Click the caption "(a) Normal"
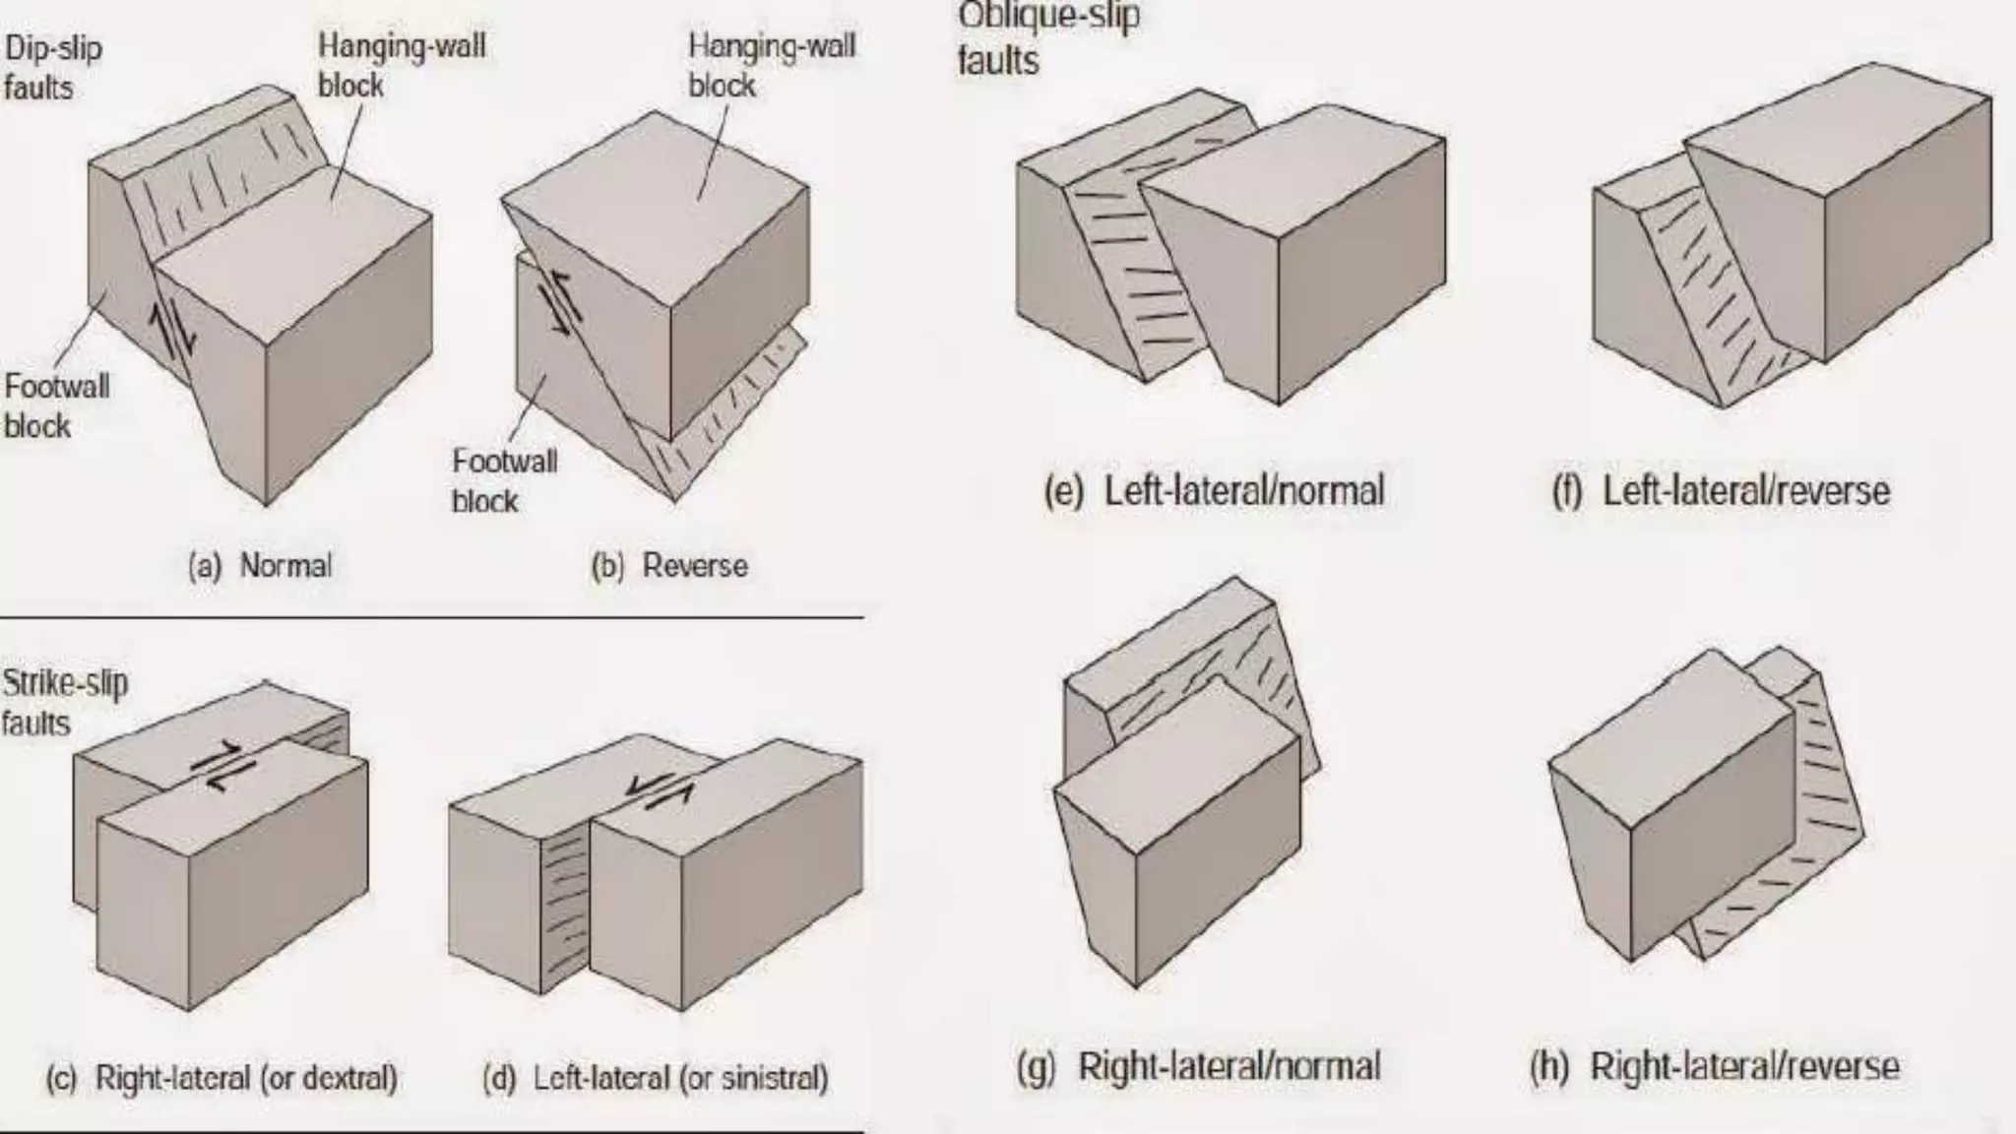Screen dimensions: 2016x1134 point(261,566)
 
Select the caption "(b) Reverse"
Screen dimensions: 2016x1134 point(669,566)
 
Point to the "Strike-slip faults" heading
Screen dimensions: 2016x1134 point(64,703)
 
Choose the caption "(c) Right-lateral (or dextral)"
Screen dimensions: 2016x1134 point(222,1078)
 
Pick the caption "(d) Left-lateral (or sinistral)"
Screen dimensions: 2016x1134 point(656,1078)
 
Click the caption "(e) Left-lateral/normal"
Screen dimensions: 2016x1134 point(1215,490)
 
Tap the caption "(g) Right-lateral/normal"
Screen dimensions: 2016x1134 point(1199,1066)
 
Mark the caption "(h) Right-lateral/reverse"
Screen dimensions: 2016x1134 point(1714,1066)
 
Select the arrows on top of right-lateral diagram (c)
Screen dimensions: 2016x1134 point(222,767)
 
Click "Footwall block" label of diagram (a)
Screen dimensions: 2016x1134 point(56,406)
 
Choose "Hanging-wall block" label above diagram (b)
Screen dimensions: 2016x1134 point(771,65)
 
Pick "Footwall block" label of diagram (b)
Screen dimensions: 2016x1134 point(504,480)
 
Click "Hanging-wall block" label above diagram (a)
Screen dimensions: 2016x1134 point(402,65)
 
